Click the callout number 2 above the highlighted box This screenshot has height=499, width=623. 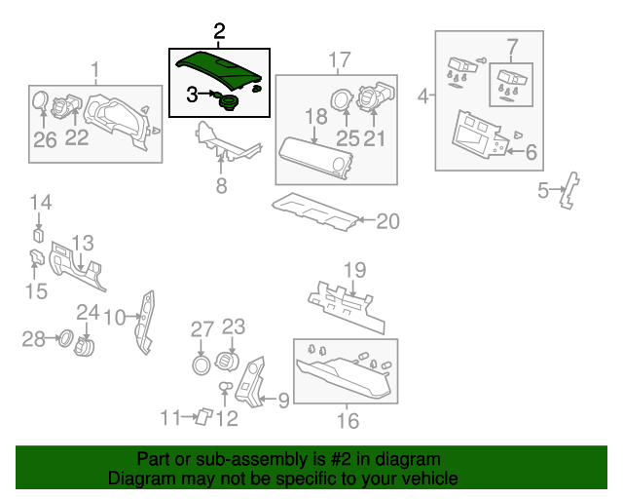219,31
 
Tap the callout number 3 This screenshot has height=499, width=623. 193,95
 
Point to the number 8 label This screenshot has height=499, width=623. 221,185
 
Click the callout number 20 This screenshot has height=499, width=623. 387,221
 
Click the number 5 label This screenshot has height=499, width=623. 543,190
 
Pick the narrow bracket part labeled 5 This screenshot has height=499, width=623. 569,190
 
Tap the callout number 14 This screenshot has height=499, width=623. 41,202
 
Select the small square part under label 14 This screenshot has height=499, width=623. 39,235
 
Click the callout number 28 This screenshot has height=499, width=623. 33,339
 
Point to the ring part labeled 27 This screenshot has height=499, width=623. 202,365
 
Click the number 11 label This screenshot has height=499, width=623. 170,418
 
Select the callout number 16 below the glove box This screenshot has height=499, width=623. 348,421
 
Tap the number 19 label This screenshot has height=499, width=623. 354,270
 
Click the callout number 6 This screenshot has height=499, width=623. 531,152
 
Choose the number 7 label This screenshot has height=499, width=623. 513,47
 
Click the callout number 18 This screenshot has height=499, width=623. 316,117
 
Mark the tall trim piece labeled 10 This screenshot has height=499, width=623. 144,323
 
